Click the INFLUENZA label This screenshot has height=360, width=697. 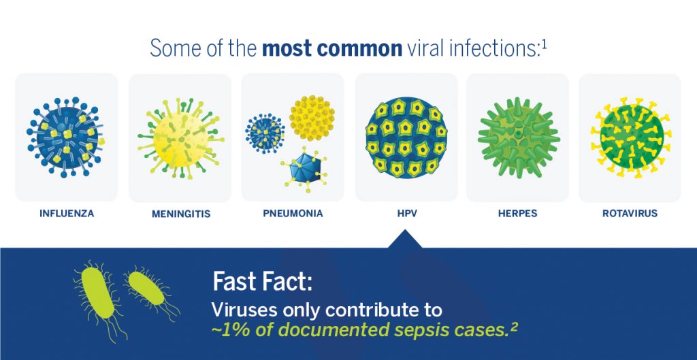click(67, 213)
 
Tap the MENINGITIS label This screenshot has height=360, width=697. click(181, 214)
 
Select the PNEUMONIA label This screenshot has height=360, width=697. click(293, 213)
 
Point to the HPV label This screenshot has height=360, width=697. click(407, 213)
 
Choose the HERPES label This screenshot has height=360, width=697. click(518, 213)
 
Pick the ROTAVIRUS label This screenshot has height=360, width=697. click(630, 213)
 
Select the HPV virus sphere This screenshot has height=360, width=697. click(406, 137)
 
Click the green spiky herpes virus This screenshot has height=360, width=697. click(518, 137)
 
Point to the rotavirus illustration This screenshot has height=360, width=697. click(631, 137)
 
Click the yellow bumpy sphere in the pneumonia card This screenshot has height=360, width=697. click(312, 118)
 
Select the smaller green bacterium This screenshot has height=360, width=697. click(147, 289)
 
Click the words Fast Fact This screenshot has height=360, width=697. click(262, 281)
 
